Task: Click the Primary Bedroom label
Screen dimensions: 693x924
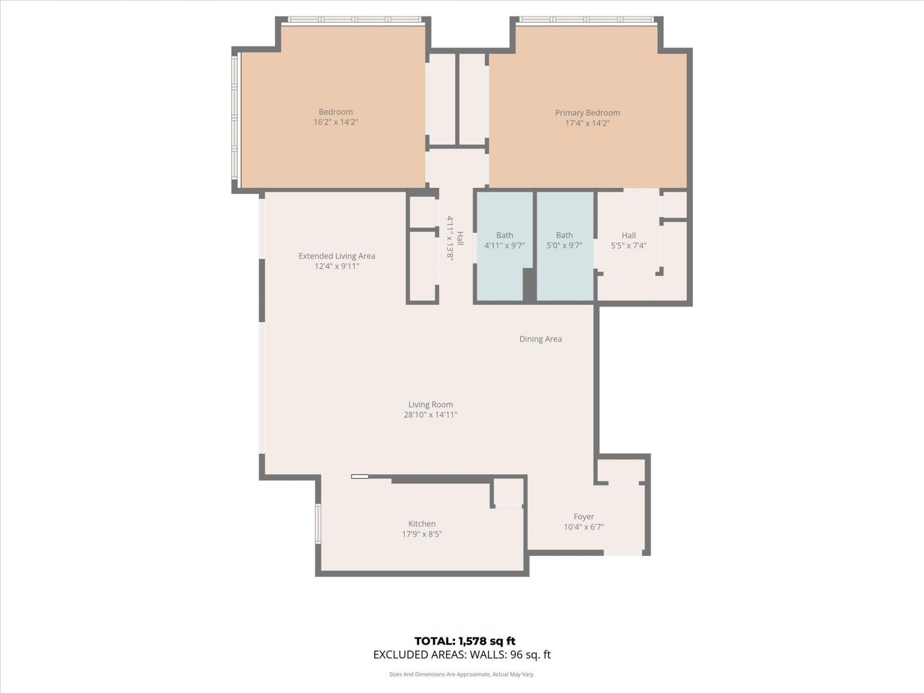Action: point(587,113)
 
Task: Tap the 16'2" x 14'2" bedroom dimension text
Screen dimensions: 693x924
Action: point(335,122)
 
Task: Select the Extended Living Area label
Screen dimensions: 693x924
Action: point(336,256)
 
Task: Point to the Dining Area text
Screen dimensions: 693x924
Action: point(540,339)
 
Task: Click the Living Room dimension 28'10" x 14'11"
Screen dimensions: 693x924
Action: point(430,415)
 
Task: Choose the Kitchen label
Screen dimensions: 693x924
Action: point(422,524)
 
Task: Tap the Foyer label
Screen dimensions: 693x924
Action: point(583,516)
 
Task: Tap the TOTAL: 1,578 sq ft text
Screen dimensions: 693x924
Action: point(464,641)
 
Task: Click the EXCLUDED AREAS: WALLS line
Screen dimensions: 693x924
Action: point(462,654)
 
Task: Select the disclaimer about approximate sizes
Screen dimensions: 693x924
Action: point(462,675)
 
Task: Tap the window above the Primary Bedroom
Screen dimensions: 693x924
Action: point(587,20)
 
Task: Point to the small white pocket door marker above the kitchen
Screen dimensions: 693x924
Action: point(359,476)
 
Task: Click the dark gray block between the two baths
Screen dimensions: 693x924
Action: point(529,285)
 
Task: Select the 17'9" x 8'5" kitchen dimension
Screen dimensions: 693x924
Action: point(422,534)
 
